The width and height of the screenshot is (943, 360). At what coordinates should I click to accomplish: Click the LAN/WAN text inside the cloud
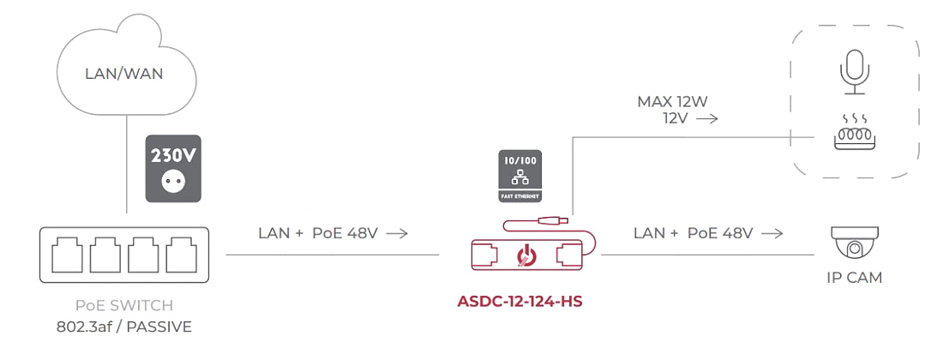pos(124,74)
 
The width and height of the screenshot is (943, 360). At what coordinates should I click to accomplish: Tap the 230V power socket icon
pos(173,168)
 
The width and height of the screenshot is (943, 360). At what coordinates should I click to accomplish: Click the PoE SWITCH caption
pos(124,306)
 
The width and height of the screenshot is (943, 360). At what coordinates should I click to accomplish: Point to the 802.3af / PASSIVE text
pos(124,326)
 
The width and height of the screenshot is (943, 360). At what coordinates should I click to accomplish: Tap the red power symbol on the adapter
pos(525,255)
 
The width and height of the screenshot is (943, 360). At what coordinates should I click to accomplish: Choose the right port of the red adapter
pos(568,255)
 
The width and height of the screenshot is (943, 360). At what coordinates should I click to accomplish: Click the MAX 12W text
pos(672,102)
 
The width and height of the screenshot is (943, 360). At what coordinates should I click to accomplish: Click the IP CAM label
pos(854,278)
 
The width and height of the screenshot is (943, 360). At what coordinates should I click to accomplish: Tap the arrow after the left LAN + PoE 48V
pos(397,232)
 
